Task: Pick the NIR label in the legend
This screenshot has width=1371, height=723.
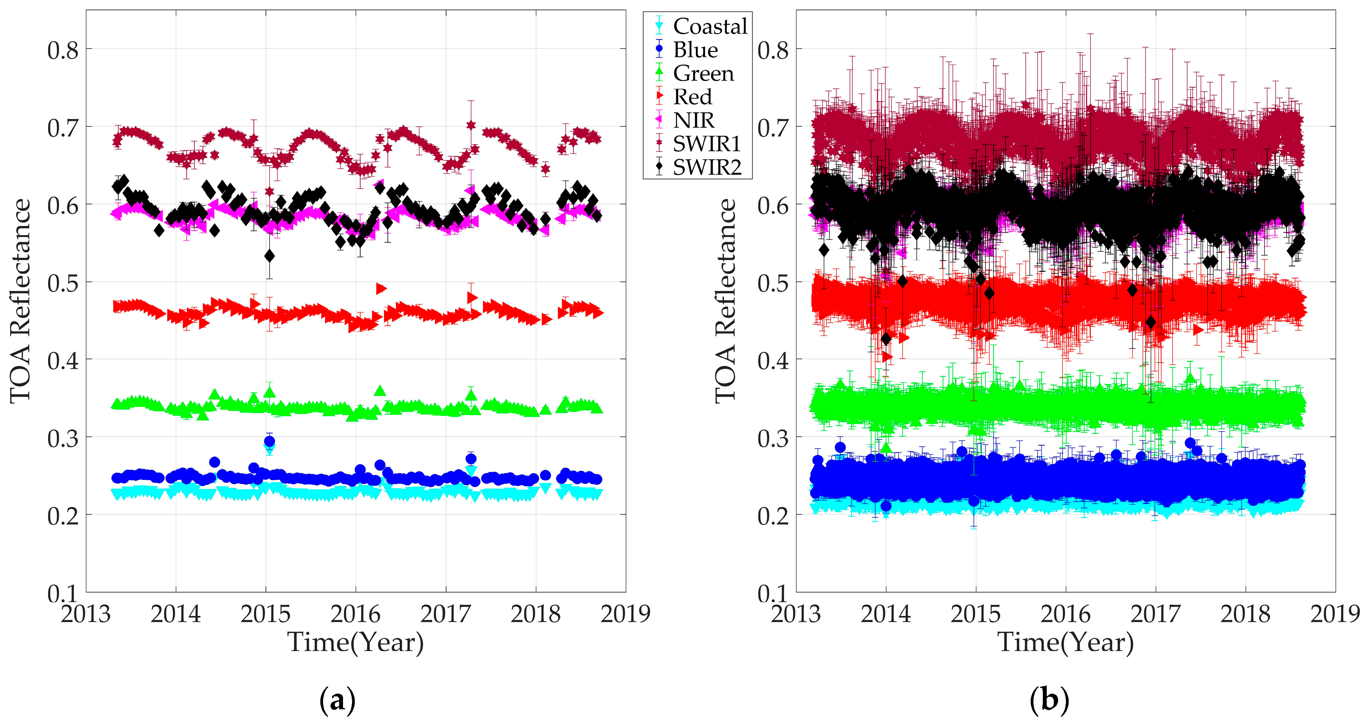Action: pos(693,120)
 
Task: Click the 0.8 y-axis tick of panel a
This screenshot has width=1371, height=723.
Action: pos(63,50)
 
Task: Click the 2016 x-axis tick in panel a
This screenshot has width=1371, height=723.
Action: pos(355,614)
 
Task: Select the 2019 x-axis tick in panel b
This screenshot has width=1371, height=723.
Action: pos(1335,614)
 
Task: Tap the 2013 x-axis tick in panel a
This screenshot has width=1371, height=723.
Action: pos(86,614)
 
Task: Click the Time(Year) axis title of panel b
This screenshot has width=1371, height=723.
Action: pos(1066,642)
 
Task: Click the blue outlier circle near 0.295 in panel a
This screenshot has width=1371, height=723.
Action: pos(269,441)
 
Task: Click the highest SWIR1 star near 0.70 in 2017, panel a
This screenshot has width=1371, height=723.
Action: pos(471,124)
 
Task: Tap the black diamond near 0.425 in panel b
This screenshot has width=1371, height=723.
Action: pos(886,338)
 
